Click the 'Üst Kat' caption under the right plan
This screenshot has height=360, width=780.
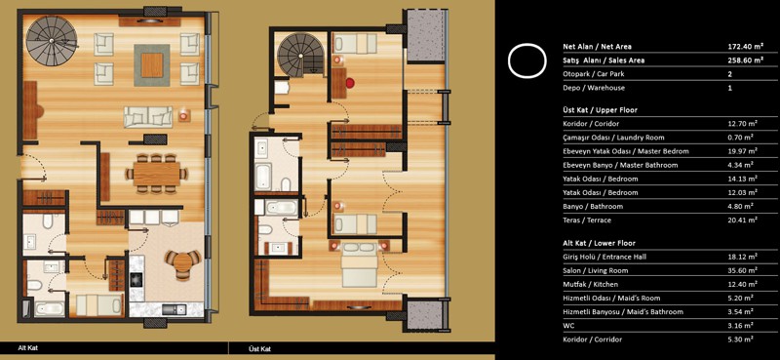click(x=257, y=349)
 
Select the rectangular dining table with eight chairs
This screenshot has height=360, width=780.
click(x=156, y=174)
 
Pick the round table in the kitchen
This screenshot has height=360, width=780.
click(x=182, y=262)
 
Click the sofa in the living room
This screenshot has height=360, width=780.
click(x=148, y=117)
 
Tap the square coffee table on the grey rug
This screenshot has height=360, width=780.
click(x=152, y=65)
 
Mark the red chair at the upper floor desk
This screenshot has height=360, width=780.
click(x=351, y=83)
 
